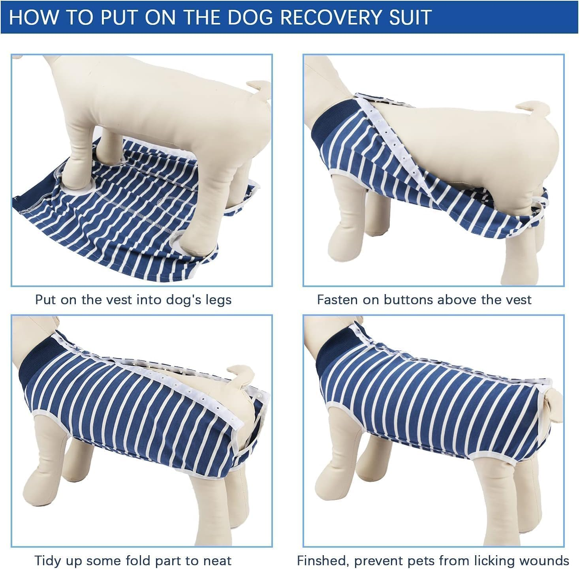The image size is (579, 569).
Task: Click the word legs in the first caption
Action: (218, 300)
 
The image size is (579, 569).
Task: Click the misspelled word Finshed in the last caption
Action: (323, 561)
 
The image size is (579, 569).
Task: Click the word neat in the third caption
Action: (217, 561)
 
